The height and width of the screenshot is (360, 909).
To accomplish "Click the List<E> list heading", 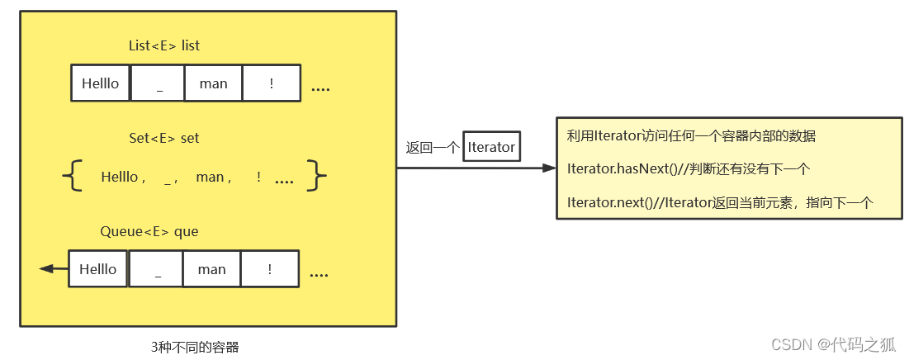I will tap(164, 45).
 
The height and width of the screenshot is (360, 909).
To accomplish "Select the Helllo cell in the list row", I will tap(101, 83).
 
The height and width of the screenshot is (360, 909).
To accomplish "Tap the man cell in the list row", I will tap(213, 83).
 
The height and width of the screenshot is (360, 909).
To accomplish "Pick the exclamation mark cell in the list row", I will tap(271, 83).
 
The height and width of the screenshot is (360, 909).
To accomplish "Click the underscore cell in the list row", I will tap(158, 83).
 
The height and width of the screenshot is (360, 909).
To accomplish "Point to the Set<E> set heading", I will tap(164, 138).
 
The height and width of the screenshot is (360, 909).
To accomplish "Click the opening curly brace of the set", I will tap(73, 176).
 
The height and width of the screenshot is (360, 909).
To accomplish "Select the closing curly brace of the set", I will tap(316, 176).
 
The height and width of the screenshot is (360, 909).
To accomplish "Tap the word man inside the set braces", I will tap(211, 177).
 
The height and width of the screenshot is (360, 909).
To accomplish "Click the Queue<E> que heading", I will tap(149, 231).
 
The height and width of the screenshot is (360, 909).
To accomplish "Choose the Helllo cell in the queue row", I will tap(98, 269).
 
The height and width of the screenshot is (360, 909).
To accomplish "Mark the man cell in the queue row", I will tap(211, 269).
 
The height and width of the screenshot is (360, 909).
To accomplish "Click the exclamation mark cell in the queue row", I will tap(269, 269).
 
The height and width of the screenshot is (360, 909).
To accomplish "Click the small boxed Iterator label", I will tap(491, 147).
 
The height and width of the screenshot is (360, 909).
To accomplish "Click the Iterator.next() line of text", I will tap(719, 202).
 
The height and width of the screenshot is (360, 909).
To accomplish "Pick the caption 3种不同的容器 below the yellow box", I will tap(195, 348).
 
